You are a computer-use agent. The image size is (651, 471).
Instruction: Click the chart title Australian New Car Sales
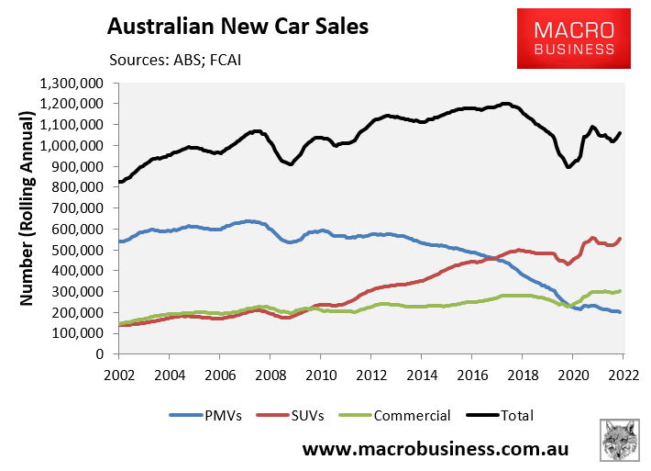(238, 26)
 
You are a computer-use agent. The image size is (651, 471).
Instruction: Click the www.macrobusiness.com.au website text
(436, 450)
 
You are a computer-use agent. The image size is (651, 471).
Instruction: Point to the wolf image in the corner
(621, 442)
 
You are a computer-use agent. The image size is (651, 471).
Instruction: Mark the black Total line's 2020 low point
(568, 167)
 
